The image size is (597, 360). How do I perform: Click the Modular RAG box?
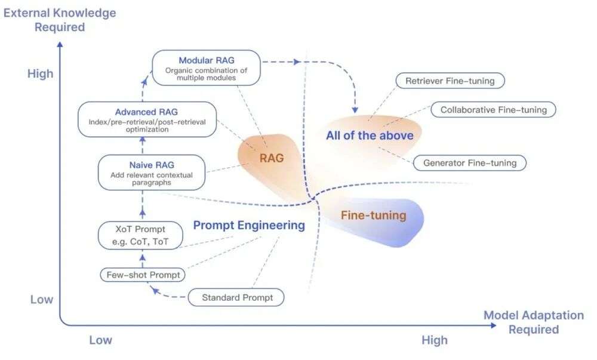point(207,67)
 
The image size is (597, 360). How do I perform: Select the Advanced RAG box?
point(147,119)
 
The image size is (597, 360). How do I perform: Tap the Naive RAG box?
point(152,173)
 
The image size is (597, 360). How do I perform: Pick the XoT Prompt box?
point(140,235)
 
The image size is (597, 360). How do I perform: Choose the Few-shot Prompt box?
point(143,275)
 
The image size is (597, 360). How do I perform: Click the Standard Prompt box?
point(236,297)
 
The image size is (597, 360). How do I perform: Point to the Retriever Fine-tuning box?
point(450,81)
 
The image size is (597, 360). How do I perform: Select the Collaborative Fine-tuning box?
point(494,110)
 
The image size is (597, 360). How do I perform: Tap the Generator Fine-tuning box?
point(470,163)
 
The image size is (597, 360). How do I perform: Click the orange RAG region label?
point(272,158)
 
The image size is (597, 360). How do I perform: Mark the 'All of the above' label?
point(370,136)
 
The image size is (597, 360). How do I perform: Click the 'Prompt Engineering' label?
point(249,225)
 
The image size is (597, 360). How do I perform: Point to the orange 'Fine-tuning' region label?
point(374,216)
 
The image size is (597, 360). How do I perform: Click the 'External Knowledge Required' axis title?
point(60,20)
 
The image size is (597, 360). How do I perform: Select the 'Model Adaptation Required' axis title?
point(533,322)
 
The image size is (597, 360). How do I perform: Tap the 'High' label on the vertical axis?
point(41,73)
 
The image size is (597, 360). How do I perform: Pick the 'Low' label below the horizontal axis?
point(100,340)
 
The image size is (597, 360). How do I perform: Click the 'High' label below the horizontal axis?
point(435,340)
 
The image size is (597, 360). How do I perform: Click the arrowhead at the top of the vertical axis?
point(60,45)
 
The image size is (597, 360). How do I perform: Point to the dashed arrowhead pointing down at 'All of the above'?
point(355,110)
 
